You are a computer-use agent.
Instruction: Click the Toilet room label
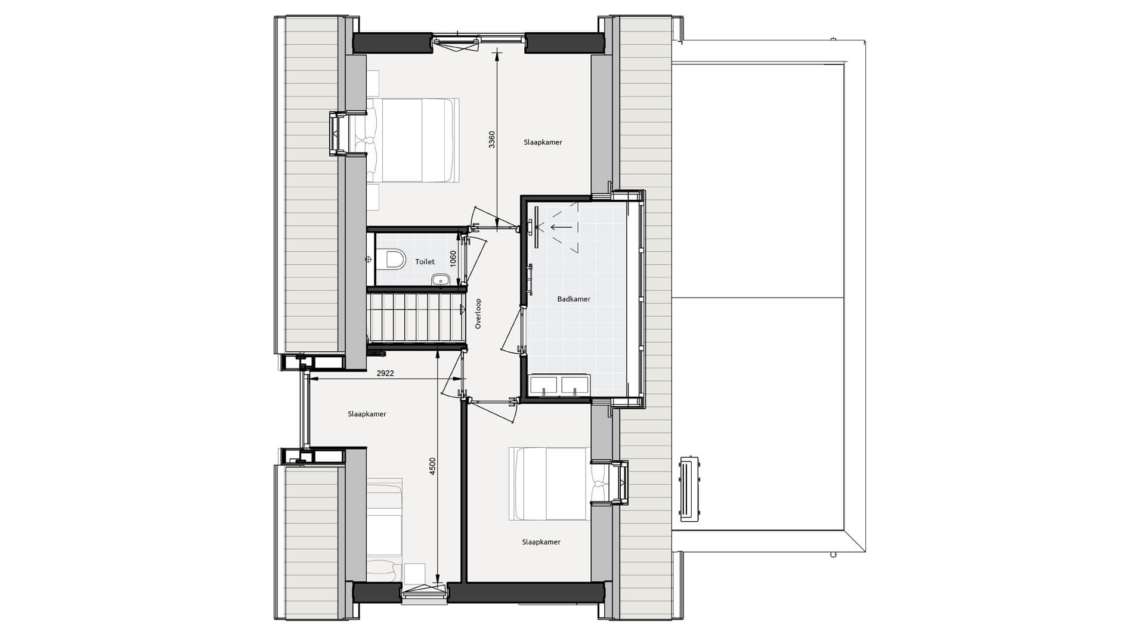[425, 262]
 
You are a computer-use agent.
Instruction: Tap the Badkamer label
[574, 299]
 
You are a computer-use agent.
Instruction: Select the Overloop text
[478, 314]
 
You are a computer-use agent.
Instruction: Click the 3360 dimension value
[491, 139]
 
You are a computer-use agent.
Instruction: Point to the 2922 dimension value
[385, 373]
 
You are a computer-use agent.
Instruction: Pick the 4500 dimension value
[433, 467]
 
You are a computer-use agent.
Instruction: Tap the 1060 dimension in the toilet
[453, 259]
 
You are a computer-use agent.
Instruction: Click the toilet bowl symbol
[392, 259]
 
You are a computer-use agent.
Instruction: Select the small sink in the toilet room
[440, 280]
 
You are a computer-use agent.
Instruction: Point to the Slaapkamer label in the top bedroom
[543, 143]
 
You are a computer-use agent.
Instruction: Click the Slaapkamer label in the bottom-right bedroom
[541, 542]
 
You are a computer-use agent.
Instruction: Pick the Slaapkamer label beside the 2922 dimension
[367, 414]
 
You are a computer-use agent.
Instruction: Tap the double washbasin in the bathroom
[559, 385]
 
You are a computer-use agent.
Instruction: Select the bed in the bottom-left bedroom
[384, 531]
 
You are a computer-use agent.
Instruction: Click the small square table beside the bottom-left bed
[414, 574]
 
